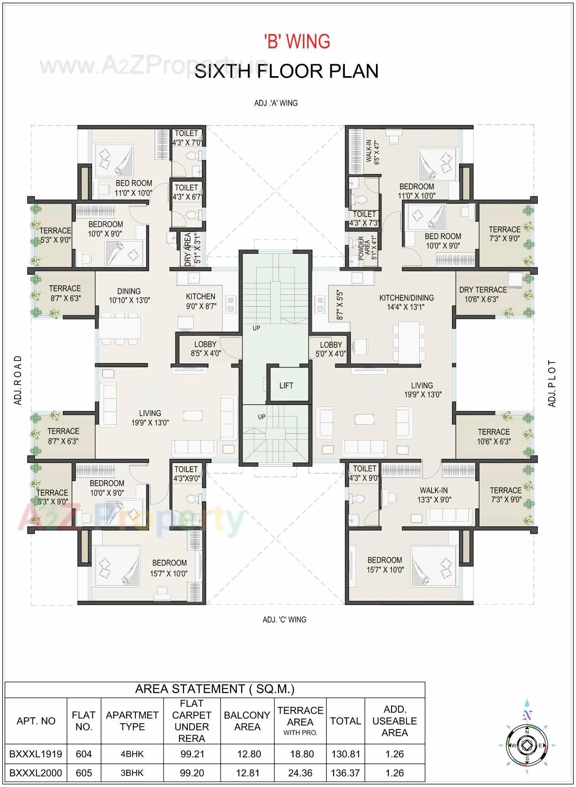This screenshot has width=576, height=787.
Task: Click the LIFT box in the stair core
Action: point(286,386)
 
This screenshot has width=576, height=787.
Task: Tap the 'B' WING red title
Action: point(297,41)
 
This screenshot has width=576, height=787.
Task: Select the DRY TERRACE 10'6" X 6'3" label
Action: point(483,294)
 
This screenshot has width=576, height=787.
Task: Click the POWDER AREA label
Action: point(364,248)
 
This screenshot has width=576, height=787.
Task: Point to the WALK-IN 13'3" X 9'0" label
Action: point(434,494)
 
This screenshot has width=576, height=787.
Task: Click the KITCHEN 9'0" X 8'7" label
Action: point(201,301)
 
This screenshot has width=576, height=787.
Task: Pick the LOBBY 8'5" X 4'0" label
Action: point(206,349)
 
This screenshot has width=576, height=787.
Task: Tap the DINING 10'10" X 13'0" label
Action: point(129,296)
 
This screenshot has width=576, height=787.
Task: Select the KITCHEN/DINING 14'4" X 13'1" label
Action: point(406,302)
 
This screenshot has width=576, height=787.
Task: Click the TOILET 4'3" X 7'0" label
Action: point(186,137)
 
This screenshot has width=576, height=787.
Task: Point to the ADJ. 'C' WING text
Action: point(284,619)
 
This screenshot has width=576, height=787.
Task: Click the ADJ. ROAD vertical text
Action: point(18,381)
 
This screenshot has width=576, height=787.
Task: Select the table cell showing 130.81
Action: point(346,754)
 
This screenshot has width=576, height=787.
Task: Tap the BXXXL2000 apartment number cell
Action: point(36,773)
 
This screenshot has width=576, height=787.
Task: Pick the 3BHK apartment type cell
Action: point(132,773)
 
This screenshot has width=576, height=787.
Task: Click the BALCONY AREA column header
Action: point(247,721)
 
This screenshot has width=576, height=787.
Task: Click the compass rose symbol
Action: point(527,746)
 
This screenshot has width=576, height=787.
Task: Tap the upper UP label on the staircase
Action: point(256,328)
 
